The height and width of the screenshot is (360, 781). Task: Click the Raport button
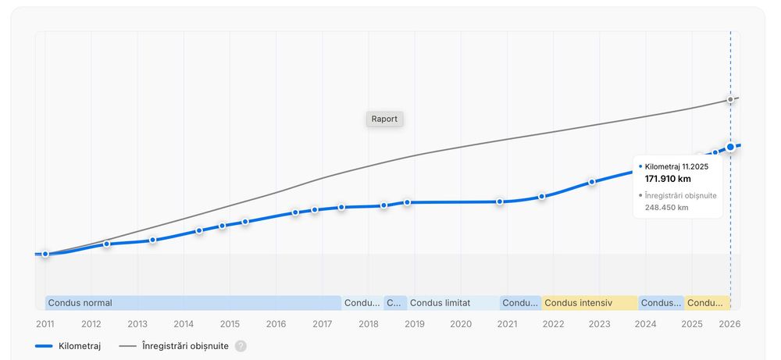(384, 119)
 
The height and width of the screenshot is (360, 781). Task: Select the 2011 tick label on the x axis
(45, 323)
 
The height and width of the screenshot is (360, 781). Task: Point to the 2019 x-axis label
(415, 323)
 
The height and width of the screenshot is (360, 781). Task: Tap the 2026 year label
(729, 323)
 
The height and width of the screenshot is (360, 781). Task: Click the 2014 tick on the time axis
(184, 323)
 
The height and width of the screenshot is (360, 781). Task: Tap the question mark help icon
(241, 346)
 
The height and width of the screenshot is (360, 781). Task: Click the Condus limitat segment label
(440, 303)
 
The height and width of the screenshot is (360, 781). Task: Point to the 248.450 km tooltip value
(666, 208)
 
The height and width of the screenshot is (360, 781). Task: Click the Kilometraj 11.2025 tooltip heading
(676, 166)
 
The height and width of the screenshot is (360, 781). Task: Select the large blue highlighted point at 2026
(730, 146)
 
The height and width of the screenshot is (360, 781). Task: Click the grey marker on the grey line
(730, 99)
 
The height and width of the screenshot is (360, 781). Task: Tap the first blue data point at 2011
(45, 254)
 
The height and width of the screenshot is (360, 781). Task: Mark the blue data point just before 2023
(592, 181)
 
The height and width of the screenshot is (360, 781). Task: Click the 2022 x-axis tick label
(553, 323)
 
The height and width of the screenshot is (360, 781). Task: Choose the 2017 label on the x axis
(322, 323)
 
